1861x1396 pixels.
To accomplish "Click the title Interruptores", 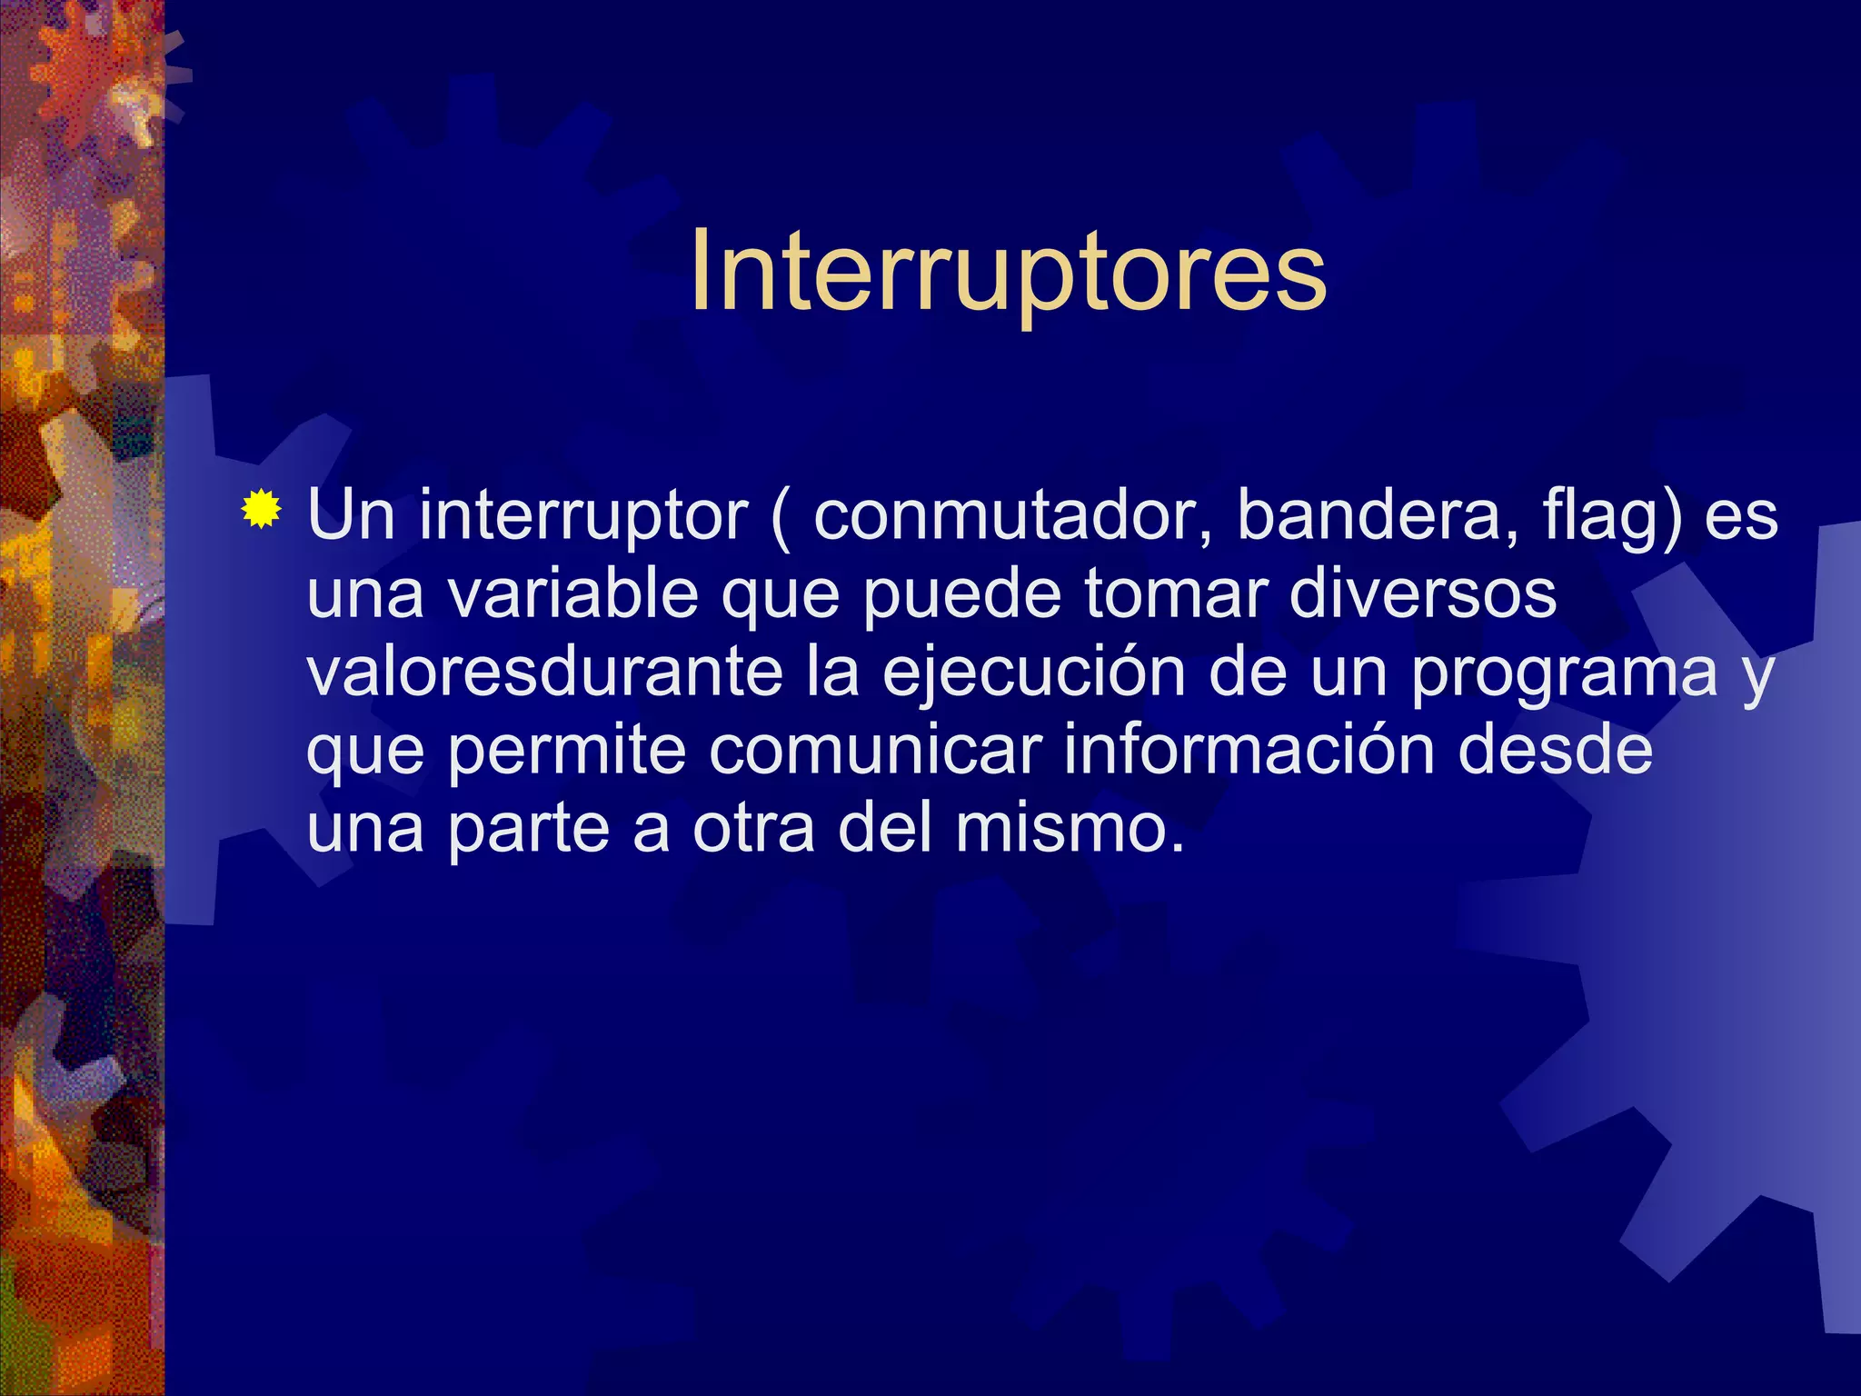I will pyautogui.click(x=1008, y=271).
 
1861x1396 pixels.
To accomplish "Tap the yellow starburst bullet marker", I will pyautogui.click(x=261, y=509).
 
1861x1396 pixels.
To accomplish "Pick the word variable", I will pyautogui.click(x=573, y=593).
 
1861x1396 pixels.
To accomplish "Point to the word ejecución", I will pyautogui.click(x=1033, y=673).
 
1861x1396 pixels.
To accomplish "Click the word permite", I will pyautogui.click(x=567, y=750).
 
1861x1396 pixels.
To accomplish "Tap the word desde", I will pyautogui.click(x=1555, y=750).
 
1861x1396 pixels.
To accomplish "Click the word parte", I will pyautogui.click(x=528, y=830).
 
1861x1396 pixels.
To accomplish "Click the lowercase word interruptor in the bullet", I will pyautogui.click(x=582, y=515).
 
